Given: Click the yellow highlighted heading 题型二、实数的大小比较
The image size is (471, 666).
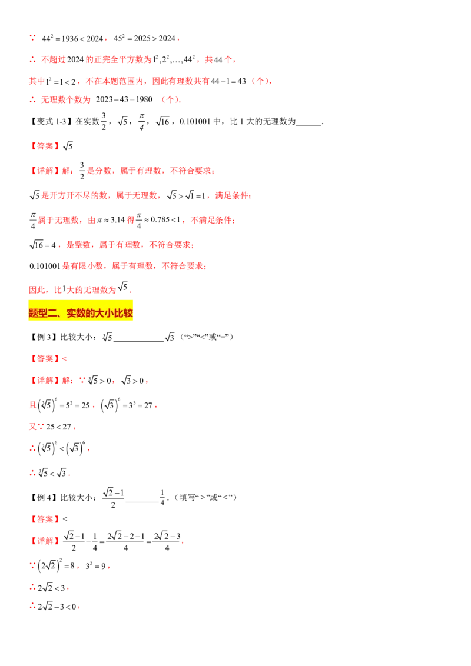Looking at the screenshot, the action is pos(80,314).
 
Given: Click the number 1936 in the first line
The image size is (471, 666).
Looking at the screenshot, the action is pos(70,39).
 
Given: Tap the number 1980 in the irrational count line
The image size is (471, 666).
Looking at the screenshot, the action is pos(144,99).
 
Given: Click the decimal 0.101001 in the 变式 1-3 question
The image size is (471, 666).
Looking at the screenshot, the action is pos(195,121).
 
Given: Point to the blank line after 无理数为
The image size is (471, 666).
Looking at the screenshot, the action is pos(308,125).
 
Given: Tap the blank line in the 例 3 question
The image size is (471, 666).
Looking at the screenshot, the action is pos(138,341).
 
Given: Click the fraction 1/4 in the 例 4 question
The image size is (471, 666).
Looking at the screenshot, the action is pos(162,497).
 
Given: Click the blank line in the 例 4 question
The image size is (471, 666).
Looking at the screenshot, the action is pos(142,502).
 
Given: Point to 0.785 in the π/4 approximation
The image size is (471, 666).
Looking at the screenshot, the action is pos(160,220).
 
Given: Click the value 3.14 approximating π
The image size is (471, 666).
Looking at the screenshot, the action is pos(118,220).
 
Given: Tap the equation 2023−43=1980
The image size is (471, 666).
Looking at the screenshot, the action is pos(124,99).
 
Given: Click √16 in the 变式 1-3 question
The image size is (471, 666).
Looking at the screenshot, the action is pos(163,121).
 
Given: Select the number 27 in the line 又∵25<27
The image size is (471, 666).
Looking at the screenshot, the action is pos(67,427).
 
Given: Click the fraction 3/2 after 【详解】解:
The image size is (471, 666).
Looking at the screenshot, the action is pos(82,170).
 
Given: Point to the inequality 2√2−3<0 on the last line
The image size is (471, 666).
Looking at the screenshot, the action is pos(57,607).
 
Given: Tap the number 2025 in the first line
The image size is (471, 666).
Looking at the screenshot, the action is pos(142,39).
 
